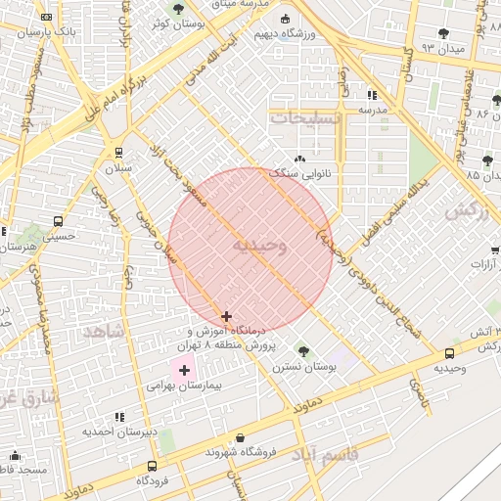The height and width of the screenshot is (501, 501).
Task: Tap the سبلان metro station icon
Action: (x=119, y=153)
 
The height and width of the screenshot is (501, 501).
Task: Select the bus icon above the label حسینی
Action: (x=59, y=221)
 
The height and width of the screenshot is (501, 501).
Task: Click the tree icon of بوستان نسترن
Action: (x=302, y=350)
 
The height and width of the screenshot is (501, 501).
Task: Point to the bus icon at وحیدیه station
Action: (x=449, y=353)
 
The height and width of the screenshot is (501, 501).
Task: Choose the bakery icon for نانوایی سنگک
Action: (x=299, y=158)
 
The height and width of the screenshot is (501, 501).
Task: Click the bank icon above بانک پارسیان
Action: (x=46, y=17)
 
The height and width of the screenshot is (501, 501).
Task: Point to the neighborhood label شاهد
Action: (x=105, y=331)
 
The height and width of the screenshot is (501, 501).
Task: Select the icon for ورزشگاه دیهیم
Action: (x=286, y=19)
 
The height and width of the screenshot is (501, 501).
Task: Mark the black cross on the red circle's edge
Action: (x=227, y=316)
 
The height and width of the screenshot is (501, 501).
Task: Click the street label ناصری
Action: (x=419, y=392)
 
